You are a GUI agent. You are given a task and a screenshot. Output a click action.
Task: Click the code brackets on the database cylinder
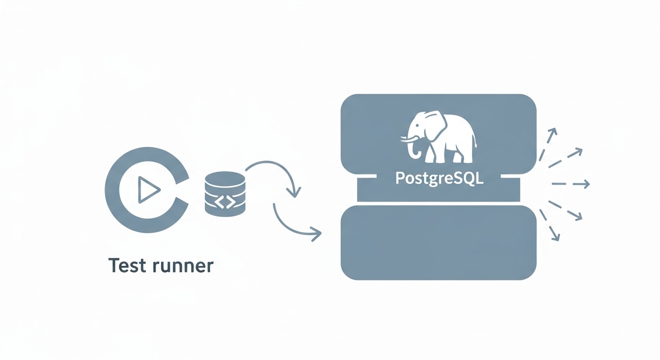(225, 202)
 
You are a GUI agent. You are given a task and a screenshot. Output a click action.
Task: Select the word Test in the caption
(127, 266)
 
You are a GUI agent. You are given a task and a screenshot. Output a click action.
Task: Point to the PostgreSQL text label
(439, 178)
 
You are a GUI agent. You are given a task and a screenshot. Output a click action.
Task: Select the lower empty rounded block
(438, 242)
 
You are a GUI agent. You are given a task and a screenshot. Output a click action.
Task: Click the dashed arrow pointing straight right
(570, 184)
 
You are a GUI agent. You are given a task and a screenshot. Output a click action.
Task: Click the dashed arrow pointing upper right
(566, 157)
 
